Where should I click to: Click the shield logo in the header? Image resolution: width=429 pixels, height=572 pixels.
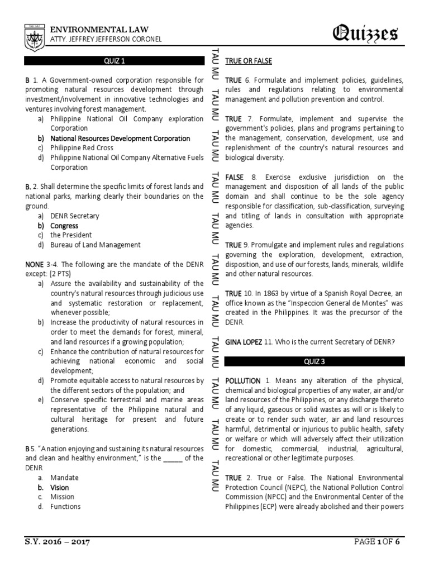click(x=35, y=36)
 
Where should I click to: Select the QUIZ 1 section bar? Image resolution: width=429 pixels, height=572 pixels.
click(x=115, y=61)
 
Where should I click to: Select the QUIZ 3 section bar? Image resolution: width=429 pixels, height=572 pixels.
click(x=314, y=361)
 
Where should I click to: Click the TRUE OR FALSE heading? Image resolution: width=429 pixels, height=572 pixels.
click(x=248, y=61)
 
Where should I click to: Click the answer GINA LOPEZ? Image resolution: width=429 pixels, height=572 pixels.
click(x=244, y=342)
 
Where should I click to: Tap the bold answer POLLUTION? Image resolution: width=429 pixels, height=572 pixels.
click(x=243, y=381)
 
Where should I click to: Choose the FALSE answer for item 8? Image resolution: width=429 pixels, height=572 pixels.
click(x=235, y=177)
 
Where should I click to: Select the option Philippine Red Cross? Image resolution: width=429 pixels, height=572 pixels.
click(x=82, y=148)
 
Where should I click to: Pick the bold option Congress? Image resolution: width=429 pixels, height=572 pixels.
click(x=64, y=226)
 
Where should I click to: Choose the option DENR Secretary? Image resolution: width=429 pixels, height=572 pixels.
click(x=75, y=216)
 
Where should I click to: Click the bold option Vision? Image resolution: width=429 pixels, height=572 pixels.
click(x=60, y=488)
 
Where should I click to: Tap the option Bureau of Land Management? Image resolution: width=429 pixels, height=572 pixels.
click(x=95, y=245)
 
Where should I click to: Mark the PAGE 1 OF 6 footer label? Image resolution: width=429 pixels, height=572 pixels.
click(x=378, y=542)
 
